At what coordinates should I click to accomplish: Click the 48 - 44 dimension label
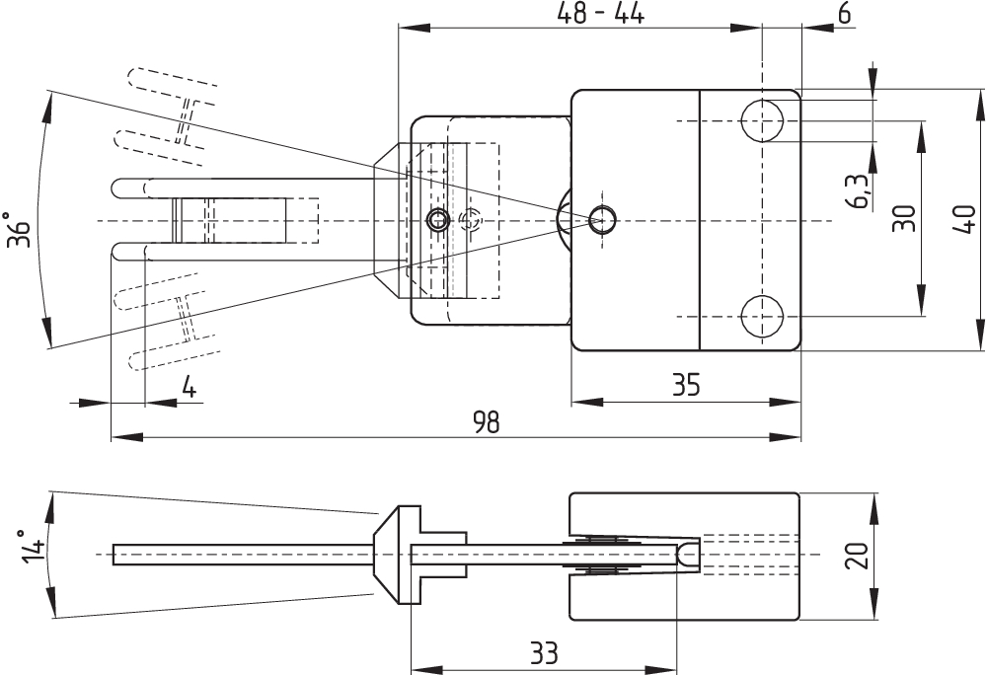[x=600, y=13]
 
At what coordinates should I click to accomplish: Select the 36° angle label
[x=19, y=230]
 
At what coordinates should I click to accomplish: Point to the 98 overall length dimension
[x=488, y=422]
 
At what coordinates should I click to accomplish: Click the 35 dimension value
[x=686, y=385]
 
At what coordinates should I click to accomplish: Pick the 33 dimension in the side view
[x=545, y=653]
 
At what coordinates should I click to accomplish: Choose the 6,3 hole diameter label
[x=861, y=190]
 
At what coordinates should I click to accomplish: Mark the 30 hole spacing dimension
[x=904, y=218]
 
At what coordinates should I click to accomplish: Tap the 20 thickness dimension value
[x=857, y=555]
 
